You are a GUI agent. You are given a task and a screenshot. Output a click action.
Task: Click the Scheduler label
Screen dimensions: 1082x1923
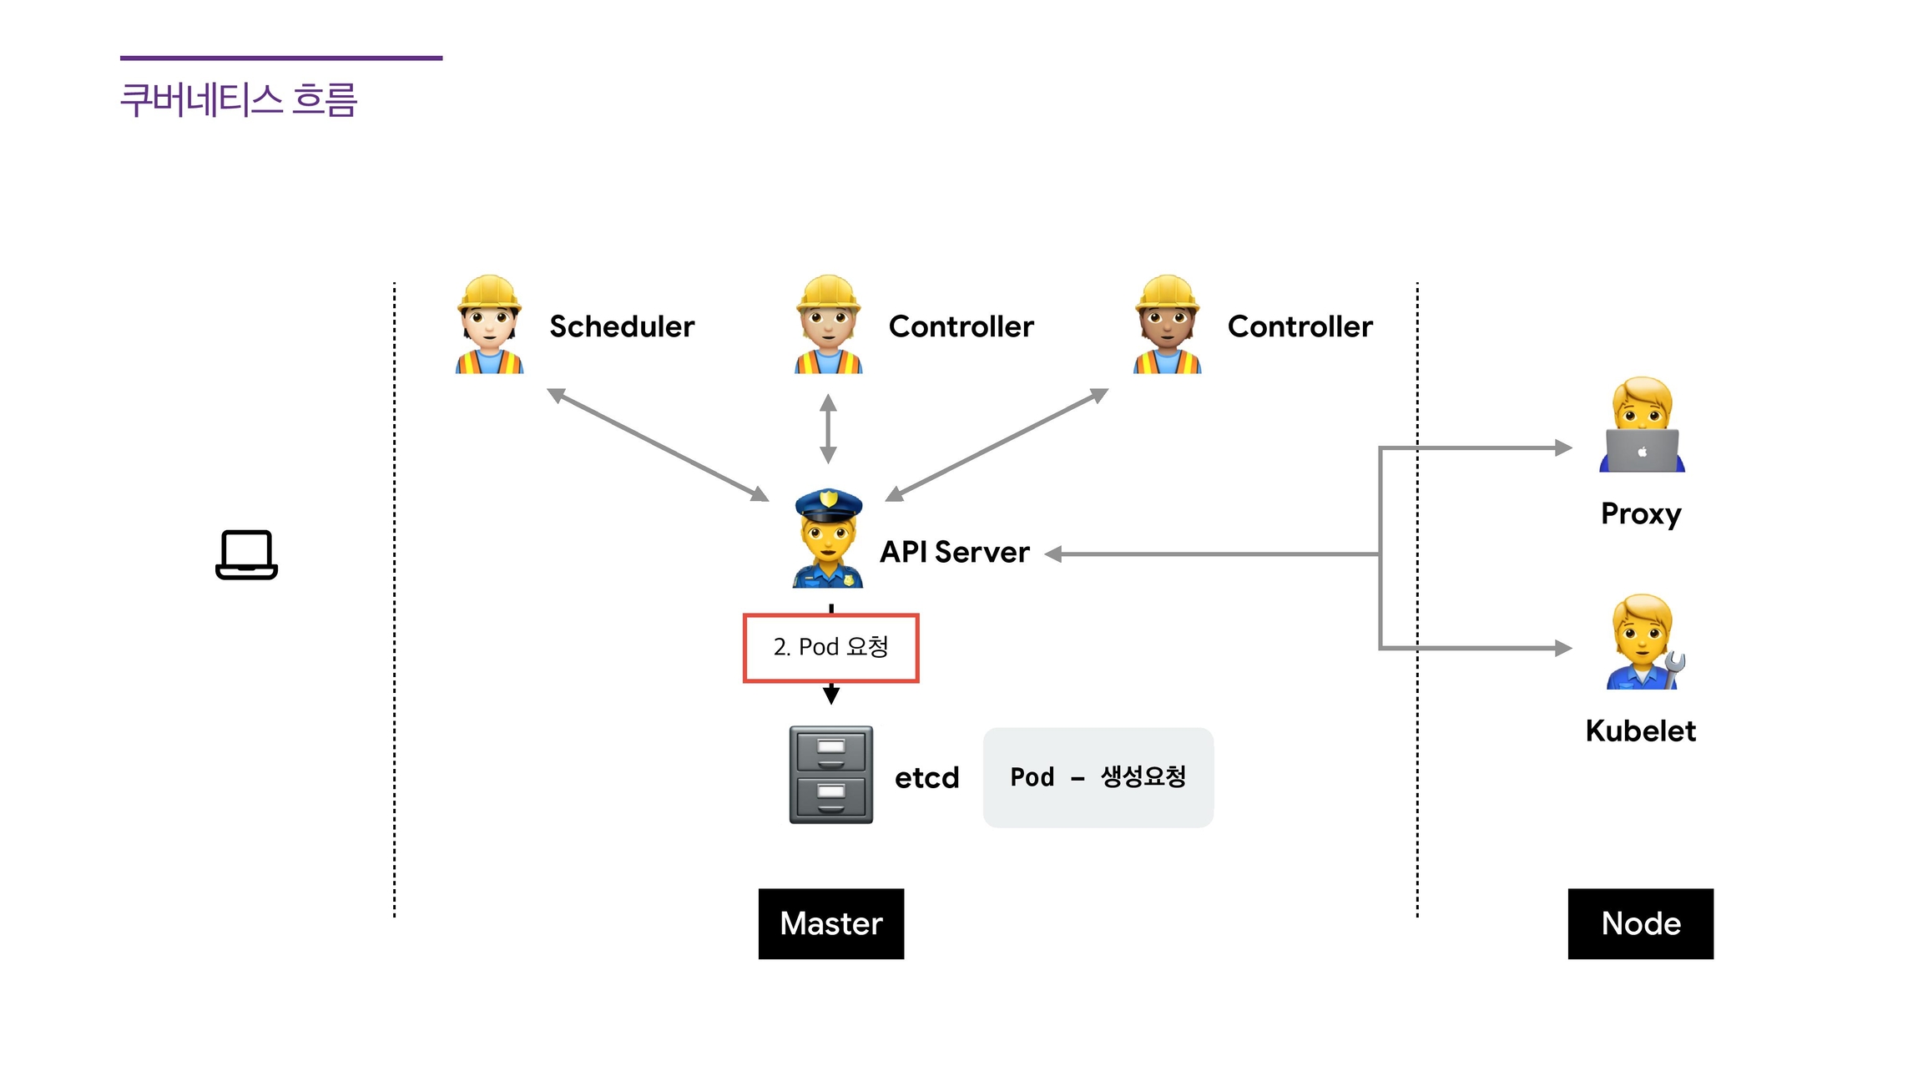point(622,326)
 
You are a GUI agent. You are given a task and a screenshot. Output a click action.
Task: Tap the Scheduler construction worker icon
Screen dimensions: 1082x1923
point(489,325)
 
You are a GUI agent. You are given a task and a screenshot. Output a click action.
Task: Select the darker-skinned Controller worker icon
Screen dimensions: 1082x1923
point(1167,325)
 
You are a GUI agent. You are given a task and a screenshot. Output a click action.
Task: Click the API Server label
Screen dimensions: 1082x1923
point(955,552)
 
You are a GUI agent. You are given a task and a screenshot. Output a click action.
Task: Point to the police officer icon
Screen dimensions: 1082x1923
point(828,538)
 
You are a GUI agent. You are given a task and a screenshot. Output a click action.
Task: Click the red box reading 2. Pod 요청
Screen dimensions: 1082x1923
point(830,648)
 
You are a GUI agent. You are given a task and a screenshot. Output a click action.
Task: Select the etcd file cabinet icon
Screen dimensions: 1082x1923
point(831,775)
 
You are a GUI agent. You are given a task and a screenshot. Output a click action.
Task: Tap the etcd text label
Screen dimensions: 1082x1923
point(926,778)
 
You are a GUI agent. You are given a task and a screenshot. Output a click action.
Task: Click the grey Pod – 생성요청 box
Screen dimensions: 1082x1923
point(1098,777)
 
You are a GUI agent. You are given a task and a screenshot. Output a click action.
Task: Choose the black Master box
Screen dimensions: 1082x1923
point(830,923)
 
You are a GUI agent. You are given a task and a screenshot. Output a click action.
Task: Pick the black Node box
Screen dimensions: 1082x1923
point(1640,923)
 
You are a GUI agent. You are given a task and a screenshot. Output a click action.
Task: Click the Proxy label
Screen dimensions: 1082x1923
point(1641,513)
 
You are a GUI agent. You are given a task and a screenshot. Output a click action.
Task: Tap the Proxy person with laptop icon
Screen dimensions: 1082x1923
point(1642,425)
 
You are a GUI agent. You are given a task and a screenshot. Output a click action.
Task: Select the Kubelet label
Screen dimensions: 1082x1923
point(1640,731)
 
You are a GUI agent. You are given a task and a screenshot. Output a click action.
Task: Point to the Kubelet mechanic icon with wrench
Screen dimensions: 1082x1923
point(1643,642)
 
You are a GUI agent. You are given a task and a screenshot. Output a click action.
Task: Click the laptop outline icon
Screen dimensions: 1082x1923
point(246,554)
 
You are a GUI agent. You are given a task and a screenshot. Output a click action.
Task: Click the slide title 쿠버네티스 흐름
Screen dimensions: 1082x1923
point(239,100)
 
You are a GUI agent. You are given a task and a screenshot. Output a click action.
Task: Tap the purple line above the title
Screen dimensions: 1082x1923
point(281,58)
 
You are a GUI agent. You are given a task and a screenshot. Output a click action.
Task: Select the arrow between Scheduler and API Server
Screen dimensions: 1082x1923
point(658,445)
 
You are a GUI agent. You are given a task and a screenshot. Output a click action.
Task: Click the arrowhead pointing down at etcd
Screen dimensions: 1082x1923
point(831,695)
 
